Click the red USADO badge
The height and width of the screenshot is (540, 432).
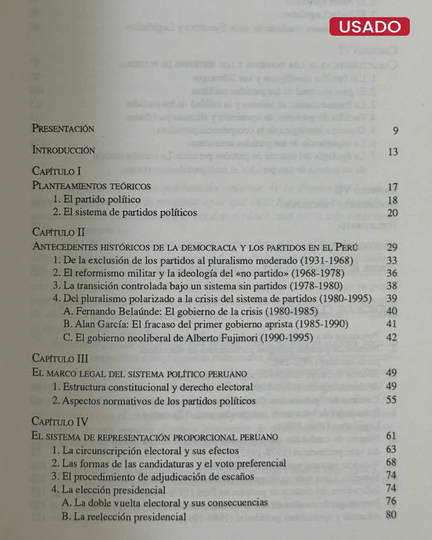point(369,26)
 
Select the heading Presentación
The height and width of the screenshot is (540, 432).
point(63,128)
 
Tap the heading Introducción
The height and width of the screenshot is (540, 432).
point(64,150)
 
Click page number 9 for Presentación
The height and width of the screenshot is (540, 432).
point(395,130)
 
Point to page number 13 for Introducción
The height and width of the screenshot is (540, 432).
point(393,152)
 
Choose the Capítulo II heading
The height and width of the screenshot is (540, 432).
point(58,232)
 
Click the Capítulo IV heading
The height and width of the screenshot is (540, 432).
point(60,421)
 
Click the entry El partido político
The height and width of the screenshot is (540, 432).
point(97,199)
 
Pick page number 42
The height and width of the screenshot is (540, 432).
point(392,337)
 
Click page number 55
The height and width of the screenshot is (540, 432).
point(391,400)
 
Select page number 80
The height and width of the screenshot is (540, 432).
point(391,514)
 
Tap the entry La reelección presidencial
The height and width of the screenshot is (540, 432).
point(124,516)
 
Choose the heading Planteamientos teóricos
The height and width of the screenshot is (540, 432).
point(91,186)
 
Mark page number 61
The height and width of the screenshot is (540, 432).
point(391,436)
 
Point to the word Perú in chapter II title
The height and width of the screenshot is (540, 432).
point(346,247)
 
